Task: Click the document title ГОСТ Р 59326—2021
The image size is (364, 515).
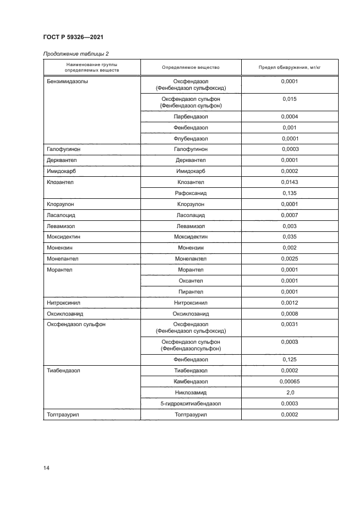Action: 73,37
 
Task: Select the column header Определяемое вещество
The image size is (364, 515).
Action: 191,67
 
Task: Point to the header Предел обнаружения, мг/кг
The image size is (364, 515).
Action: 289,67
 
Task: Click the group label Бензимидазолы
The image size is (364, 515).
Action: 67,82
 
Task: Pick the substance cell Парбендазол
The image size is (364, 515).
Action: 191,117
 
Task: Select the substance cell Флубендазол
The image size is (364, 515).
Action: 191,139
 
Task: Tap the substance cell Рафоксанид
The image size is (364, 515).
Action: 191,193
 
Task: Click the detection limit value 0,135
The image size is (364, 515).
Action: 289,193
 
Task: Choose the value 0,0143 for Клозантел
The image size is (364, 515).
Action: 289,182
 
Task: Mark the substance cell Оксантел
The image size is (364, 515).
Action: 191,281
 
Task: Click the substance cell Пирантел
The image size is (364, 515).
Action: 191,292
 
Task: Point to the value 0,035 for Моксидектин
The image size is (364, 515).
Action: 289,237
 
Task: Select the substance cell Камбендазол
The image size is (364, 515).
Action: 191,382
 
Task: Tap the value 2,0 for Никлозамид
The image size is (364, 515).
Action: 289,393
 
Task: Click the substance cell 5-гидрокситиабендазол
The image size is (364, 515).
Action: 191,404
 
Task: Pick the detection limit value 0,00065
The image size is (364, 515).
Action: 289,382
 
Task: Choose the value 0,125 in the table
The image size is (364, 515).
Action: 289,359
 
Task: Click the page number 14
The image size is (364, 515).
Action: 46,468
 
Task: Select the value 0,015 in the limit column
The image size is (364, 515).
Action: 289,99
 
